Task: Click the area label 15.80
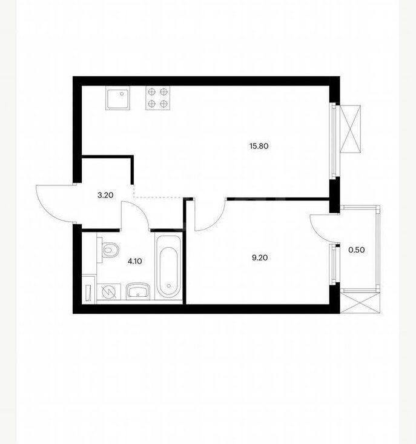pyautogui.click(x=259, y=146)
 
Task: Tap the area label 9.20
pyautogui.click(x=260, y=257)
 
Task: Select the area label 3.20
pyautogui.click(x=105, y=195)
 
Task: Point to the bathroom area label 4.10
pyautogui.click(x=134, y=261)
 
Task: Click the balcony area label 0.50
pyautogui.click(x=356, y=250)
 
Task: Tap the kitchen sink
pyautogui.click(x=118, y=98)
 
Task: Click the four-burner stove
pyautogui.click(x=158, y=98)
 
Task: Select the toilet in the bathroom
pyautogui.click(x=108, y=250)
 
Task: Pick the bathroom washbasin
pyautogui.click(x=138, y=291)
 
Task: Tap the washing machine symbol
pyautogui.click(x=108, y=291)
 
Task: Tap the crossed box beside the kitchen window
pyautogui.click(x=351, y=129)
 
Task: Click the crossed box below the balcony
pyautogui.click(x=360, y=303)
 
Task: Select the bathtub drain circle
pyautogui.click(x=169, y=286)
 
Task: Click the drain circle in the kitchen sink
pyautogui.click(x=122, y=93)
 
